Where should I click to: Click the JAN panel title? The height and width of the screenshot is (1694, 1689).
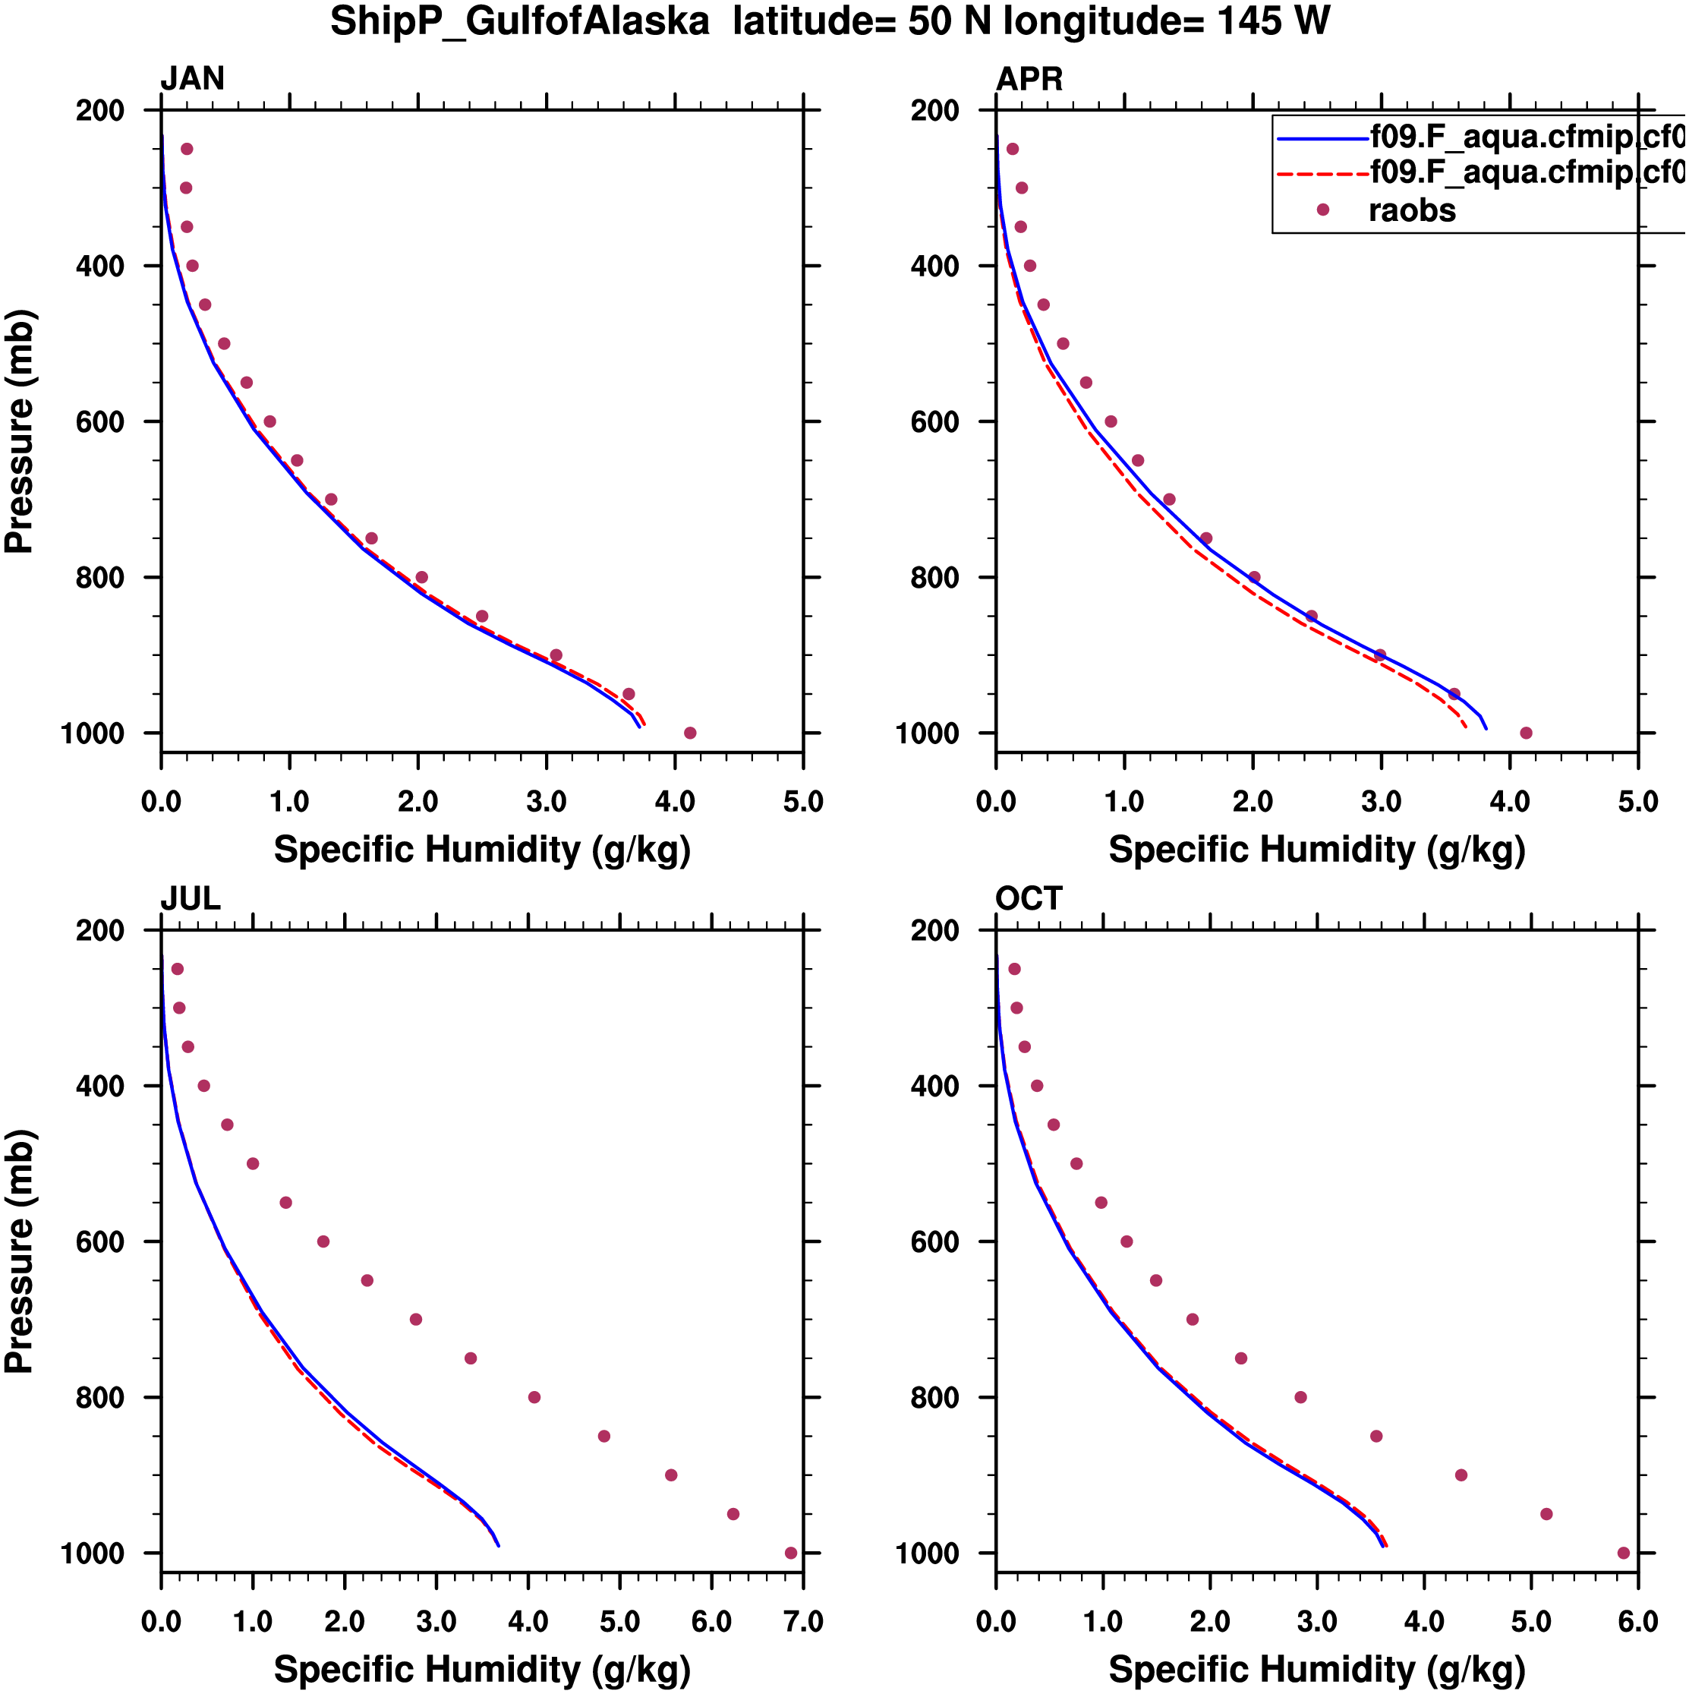coord(192,79)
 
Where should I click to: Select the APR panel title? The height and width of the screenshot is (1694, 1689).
coord(1029,79)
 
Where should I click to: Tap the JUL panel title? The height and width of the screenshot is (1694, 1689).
coord(191,899)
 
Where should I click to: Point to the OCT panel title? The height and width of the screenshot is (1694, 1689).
coord(1029,899)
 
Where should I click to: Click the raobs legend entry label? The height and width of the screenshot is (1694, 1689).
coord(1412,210)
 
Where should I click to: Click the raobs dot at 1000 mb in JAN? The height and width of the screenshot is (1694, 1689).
coord(690,733)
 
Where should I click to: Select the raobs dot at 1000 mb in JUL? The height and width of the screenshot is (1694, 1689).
coord(790,1553)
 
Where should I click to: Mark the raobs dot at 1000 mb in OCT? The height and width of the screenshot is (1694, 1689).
coord(1623,1553)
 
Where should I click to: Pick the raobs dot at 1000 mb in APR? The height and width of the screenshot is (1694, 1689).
coord(1526,733)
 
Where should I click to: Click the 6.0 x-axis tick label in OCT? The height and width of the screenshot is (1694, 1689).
coord(1637,1621)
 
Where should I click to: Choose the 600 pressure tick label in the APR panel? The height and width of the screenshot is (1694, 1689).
coord(936,421)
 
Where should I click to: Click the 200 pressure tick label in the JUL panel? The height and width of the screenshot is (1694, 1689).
coord(100,930)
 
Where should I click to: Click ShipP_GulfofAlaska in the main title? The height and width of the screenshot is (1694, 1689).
coord(520,21)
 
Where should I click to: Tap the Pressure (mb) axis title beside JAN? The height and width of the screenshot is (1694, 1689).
coord(19,431)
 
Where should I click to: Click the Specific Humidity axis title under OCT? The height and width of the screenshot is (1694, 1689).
coord(1316,1670)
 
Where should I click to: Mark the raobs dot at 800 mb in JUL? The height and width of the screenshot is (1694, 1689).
coord(534,1397)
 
